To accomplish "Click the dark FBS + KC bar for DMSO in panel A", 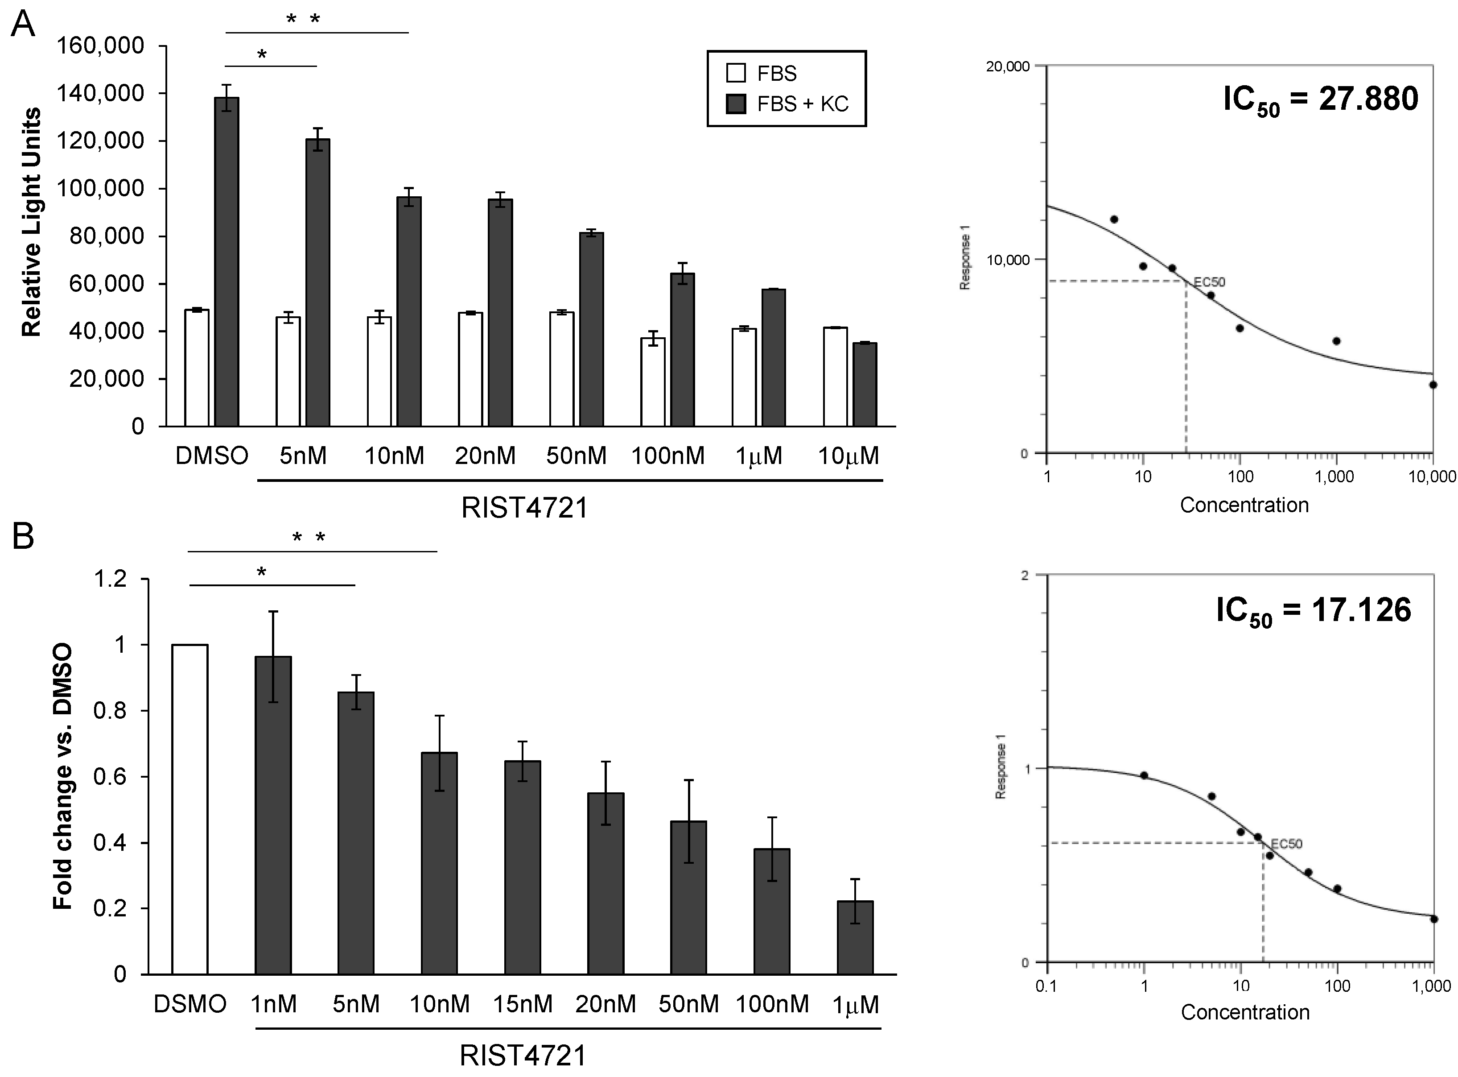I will (227, 261).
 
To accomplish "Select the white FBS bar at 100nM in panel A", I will (653, 381).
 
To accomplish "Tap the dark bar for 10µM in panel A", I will (865, 384).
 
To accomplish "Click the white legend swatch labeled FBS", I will (736, 74).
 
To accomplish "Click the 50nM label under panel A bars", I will (577, 455).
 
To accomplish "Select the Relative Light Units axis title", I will (31, 222).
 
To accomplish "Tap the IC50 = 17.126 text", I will (1314, 611).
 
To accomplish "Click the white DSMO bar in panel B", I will (189, 809).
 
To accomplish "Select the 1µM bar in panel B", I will (855, 937).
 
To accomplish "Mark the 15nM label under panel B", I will (523, 1003).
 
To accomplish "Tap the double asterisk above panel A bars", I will (304, 20).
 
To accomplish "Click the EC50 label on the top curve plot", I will (1209, 282).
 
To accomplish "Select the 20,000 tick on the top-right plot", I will (1007, 66).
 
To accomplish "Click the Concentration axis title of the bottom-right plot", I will (1245, 1012).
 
